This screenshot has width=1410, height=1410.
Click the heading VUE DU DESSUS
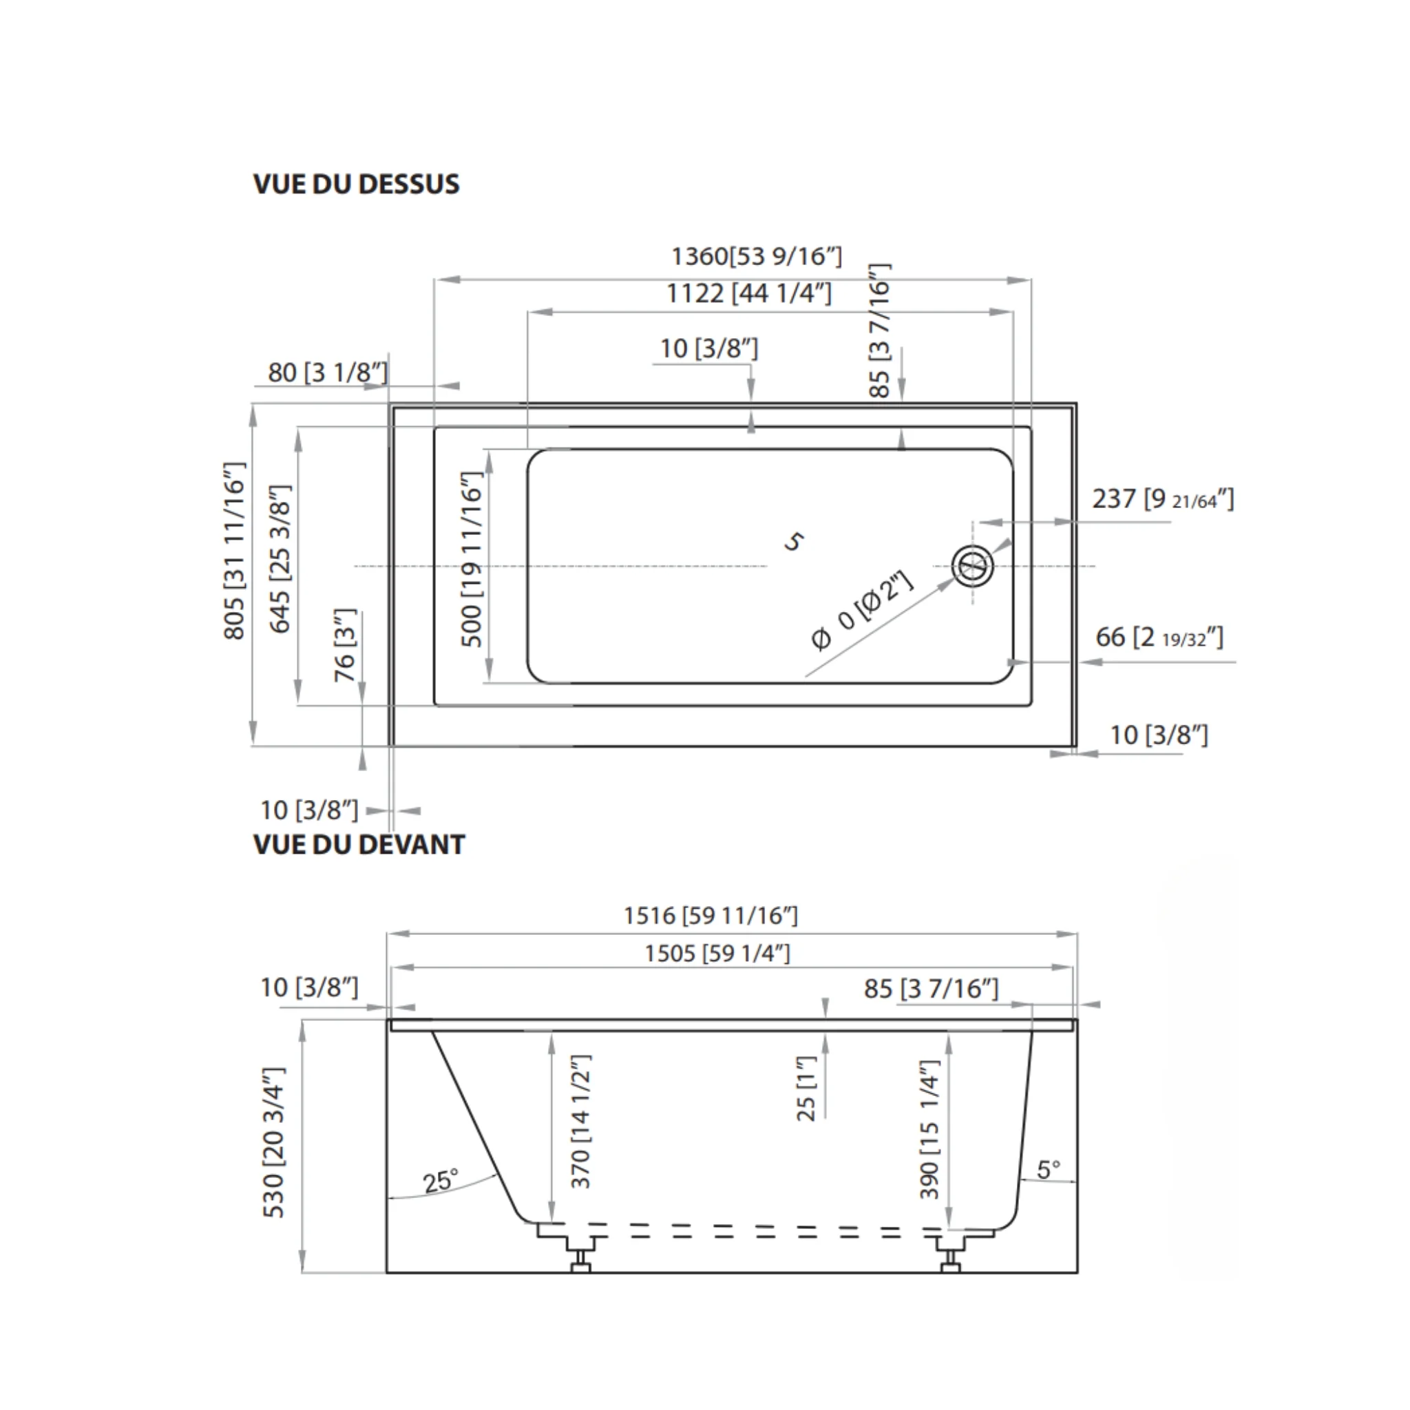[x=356, y=184]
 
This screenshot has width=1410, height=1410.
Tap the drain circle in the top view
[x=972, y=567]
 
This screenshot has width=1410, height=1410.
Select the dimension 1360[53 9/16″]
[x=756, y=256]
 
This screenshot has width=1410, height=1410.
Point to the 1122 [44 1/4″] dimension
[x=749, y=293]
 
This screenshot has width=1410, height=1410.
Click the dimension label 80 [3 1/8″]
[x=328, y=372]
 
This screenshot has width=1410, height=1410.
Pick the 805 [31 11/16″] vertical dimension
[x=234, y=551]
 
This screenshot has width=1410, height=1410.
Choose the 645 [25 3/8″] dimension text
[x=280, y=559]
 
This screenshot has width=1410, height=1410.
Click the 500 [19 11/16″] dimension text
[x=472, y=559]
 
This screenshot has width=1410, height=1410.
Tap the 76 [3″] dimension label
[x=344, y=645]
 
